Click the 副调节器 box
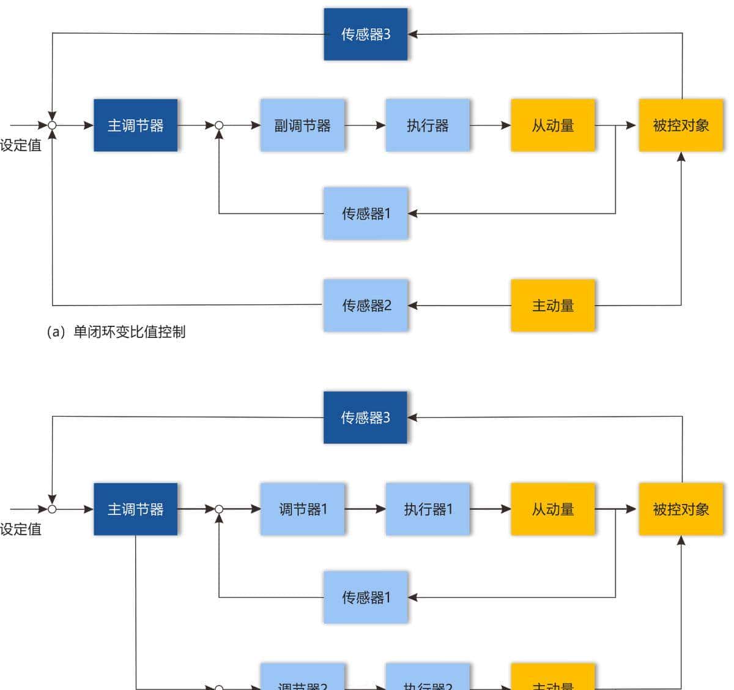pyautogui.click(x=302, y=126)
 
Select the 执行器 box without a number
pyautogui.click(x=428, y=126)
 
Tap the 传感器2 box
pyautogui.click(x=366, y=306)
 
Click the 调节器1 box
pyautogui.click(x=302, y=509)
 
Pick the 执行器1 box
pyautogui.click(x=428, y=509)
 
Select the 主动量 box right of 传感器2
pyautogui.click(x=552, y=306)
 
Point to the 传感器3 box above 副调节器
pyautogui.click(x=365, y=34)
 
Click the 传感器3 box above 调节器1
pyautogui.click(x=365, y=418)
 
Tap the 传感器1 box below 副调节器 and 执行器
pyautogui.click(x=366, y=214)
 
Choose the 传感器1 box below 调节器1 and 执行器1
pyautogui.click(x=366, y=598)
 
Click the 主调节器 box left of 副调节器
pyautogui.click(x=135, y=126)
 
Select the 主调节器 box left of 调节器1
pyautogui.click(x=135, y=509)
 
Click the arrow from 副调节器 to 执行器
pyautogui.click(x=365, y=126)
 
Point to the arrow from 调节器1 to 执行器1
pyautogui.click(x=365, y=509)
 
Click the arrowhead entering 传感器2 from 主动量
pyautogui.click(x=413, y=306)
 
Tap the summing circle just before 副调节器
pyautogui.click(x=219, y=126)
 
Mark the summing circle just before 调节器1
pyautogui.click(x=219, y=509)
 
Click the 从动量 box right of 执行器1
pyautogui.click(x=552, y=509)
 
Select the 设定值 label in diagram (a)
pyautogui.click(x=21, y=146)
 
